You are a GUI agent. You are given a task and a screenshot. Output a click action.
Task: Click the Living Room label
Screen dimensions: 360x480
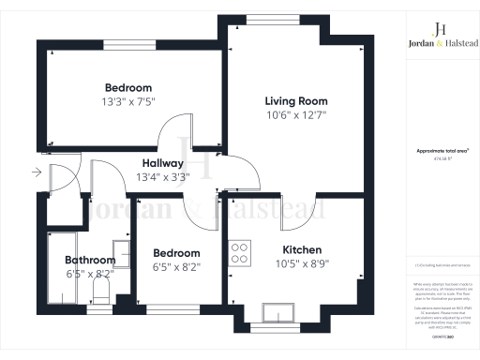tap(295, 101)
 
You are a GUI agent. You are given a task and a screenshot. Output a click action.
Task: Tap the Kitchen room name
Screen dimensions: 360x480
tap(303, 250)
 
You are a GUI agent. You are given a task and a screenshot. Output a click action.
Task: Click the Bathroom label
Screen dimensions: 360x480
tap(89, 261)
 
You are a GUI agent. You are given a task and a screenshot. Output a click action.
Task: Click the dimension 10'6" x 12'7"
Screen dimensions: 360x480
tap(295, 116)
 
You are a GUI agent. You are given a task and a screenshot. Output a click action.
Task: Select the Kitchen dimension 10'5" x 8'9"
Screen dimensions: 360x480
tap(303, 264)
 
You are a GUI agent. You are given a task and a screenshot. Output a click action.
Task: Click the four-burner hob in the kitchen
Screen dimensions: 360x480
tap(241, 252)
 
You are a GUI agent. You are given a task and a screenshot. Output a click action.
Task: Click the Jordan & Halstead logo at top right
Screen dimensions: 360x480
tap(442, 35)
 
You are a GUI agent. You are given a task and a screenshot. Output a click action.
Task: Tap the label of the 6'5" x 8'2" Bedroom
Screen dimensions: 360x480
tap(176, 253)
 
